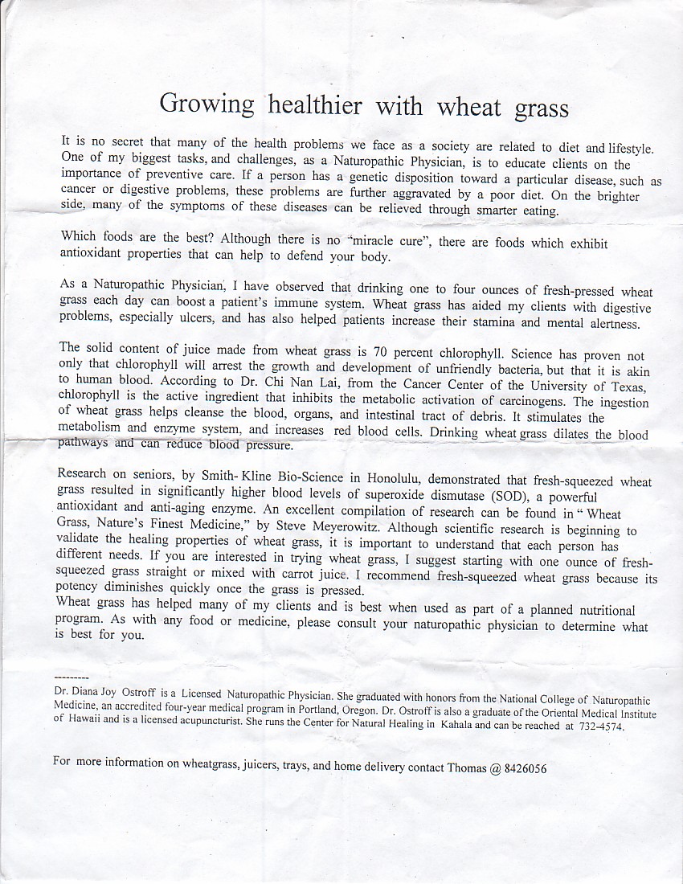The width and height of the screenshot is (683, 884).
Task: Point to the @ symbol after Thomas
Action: point(494,767)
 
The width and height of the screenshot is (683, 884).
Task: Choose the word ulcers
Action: point(196,319)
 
